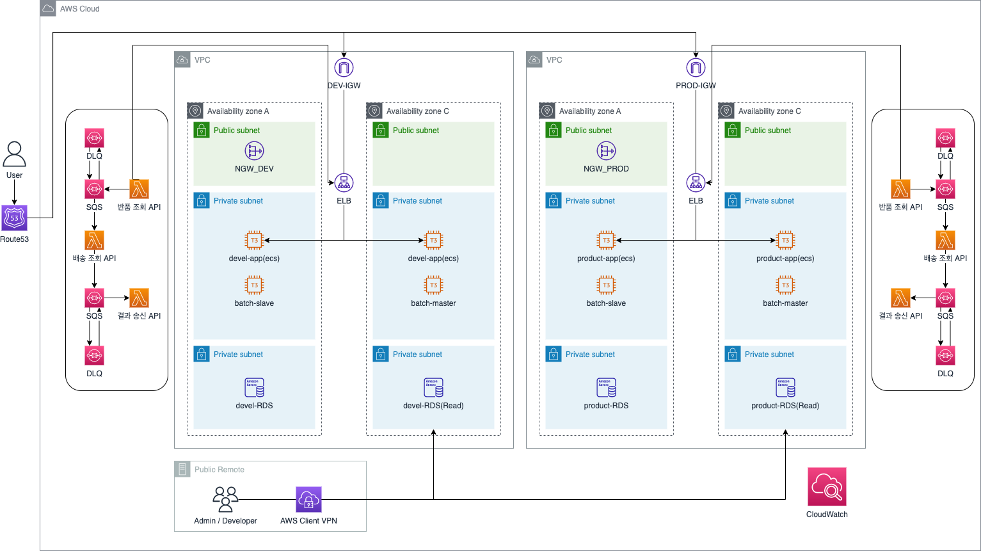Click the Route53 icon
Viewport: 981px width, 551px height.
[14, 218]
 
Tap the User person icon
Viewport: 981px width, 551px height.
[14, 154]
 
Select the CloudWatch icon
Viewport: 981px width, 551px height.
[827, 487]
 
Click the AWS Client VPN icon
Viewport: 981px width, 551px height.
[308, 500]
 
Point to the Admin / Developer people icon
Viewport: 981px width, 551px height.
[225, 499]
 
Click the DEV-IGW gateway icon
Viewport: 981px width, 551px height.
[344, 67]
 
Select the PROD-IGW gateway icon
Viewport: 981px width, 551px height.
[696, 67]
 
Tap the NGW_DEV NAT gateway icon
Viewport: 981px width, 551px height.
[254, 151]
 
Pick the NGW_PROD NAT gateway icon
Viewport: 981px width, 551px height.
[606, 151]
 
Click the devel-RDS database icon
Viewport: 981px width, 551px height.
[254, 387]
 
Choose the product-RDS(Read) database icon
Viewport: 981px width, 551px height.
[785, 387]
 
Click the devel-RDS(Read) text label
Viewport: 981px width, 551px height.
[433, 406]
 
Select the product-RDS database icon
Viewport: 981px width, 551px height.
[606, 387]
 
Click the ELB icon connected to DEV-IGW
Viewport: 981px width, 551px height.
[344, 183]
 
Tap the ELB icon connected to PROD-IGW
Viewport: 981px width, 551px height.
[696, 183]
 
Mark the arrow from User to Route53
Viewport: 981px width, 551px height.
[14, 193]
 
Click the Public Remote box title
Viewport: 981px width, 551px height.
[219, 470]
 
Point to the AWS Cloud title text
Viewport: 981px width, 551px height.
[79, 9]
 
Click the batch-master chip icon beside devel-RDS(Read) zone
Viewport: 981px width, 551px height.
[433, 285]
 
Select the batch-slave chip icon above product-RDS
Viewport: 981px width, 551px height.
[606, 285]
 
